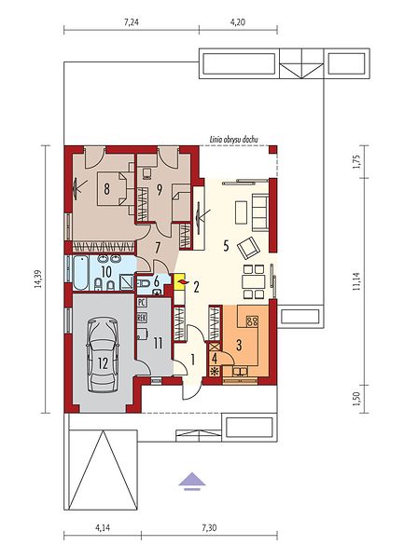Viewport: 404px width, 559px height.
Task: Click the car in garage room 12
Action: click(103, 355)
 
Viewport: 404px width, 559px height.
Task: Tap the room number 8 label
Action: click(106, 188)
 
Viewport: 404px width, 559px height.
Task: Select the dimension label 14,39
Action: click(38, 279)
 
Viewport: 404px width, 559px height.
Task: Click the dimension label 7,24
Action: click(131, 22)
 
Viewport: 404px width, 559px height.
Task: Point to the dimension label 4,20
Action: click(238, 22)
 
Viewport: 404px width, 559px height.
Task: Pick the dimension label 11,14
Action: click(356, 281)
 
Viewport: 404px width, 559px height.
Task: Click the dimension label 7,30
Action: click(209, 527)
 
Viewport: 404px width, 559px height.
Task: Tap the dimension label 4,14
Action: click(103, 527)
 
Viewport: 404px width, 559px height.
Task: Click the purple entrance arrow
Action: click(192, 481)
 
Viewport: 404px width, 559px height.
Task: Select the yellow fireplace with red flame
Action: click(179, 281)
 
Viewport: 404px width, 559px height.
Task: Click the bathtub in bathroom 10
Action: click(80, 273)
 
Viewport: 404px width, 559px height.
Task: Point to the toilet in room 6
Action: click(144, 284)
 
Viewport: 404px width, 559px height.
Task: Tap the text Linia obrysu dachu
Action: click(233, 140)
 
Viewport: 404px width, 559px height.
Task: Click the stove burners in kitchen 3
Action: click(252, 321)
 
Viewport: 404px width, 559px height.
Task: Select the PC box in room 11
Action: click(141, 303)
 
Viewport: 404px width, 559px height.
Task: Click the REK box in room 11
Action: click(141, 318)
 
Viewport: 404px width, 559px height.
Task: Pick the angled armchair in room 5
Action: click(248, 247)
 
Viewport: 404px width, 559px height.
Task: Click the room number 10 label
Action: click(106, 272)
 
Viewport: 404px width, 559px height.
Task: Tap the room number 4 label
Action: click(215, 358)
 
